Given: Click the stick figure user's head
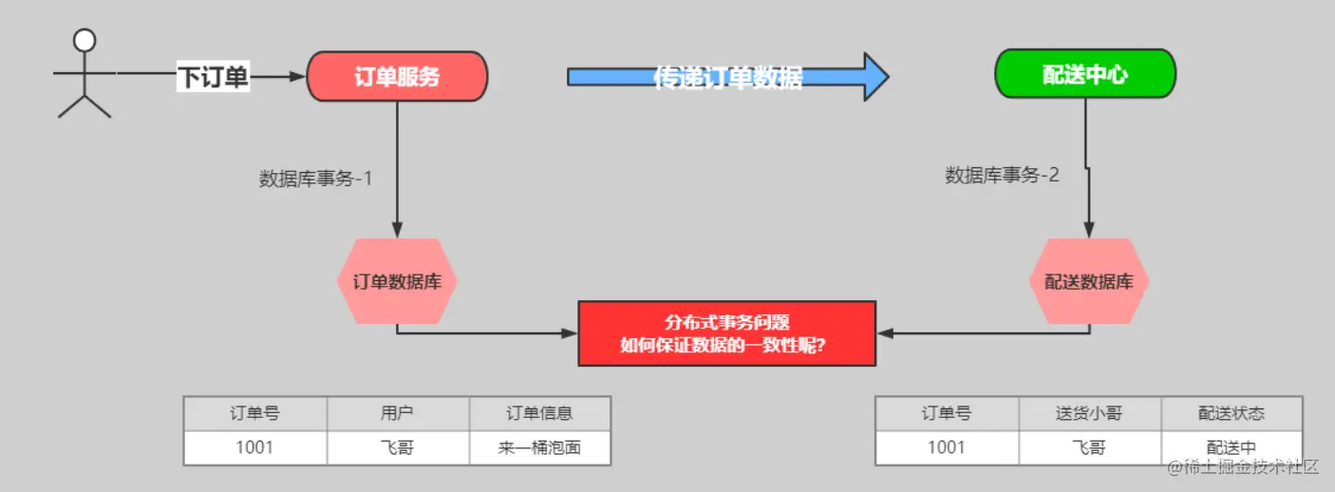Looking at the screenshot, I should (x=85, y=41).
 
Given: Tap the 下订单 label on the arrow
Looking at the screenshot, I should (x=213, y=77).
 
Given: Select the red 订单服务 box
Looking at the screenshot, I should (x=397, y=77).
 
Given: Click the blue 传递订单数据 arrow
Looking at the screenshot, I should (x=727, y=77).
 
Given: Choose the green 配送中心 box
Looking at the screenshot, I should (x=1084, y=74).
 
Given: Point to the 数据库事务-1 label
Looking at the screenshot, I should (x=315, y=178).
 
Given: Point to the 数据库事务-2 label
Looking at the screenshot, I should (x=1002, y=175).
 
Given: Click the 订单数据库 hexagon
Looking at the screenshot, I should (x=397, y=281).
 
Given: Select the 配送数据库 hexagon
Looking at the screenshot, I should (x=1089, y=281).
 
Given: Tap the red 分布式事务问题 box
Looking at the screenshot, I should (x=726, y=333).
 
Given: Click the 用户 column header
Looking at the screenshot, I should (x=398, y=414).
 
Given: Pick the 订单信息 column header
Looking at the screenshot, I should (x=539, y=414).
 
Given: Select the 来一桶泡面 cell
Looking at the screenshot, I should (x=539, y=447).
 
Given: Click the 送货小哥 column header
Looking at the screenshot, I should (x=1089, y=414).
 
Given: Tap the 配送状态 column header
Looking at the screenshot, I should (x=1232, y=414).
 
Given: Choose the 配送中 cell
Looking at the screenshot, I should (x=1232, y=447).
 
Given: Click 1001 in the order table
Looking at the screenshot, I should (x=254, y=447).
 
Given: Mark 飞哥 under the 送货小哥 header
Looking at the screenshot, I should (x=1089, y=447).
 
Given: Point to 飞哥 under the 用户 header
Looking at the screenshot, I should (x=398, y=447).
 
